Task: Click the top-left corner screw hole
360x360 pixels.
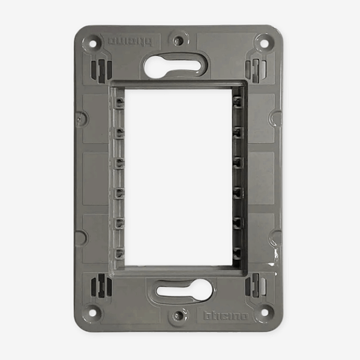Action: [x=93, y=43]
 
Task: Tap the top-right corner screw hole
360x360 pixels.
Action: [x=263, y=43]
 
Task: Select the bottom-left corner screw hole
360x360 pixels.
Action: [x=93, y=312]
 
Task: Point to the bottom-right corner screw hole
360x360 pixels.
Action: [x=263, y=312]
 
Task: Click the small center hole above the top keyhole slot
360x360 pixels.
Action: [x=178, y=41]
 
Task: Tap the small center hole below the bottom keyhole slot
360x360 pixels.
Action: [x=178, y=315]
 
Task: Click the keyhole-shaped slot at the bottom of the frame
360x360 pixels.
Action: [x=183, y=291]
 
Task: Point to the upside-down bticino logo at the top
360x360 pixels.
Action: [x=130, y=41]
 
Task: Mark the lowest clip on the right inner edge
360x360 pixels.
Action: [x=238, y=252]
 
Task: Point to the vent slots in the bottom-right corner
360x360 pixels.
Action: [x=255, y=285]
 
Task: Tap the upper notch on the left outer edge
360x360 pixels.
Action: [x=80, y=118]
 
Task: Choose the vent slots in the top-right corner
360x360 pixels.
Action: [x=255, y=70]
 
